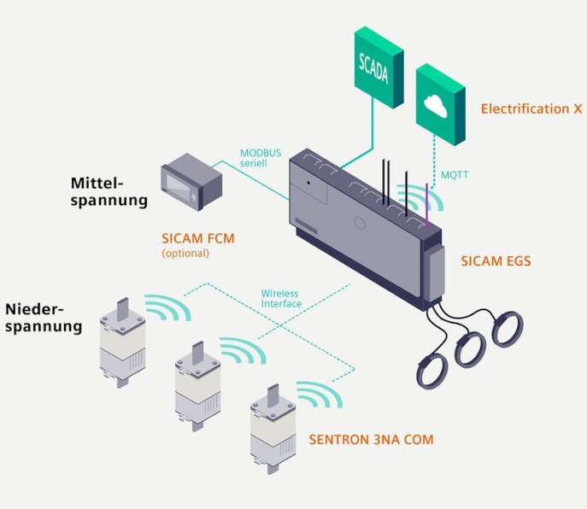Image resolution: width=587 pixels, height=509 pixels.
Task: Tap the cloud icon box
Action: (x=440, y=104)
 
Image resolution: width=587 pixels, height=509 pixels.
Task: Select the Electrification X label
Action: (x=531, y=109)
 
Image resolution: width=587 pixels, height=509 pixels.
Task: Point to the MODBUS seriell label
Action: (x=261, y=158)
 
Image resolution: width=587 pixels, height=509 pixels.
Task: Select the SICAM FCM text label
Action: (x=198, y=239)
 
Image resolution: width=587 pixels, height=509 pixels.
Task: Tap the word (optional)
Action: (x=185, y=254)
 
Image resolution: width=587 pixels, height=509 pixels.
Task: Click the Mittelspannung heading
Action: (x=109, y=192)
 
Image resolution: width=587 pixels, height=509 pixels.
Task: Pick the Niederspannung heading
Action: (x=44, y=317)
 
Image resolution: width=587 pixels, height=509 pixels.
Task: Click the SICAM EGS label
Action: (x=496, y=260)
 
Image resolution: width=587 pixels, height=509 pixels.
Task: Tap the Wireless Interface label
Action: (x=280, y=299)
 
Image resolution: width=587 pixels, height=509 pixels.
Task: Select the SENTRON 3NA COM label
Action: (x=371, y=440)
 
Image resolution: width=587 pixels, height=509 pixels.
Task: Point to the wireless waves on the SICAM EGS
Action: (x=429, y=200)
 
